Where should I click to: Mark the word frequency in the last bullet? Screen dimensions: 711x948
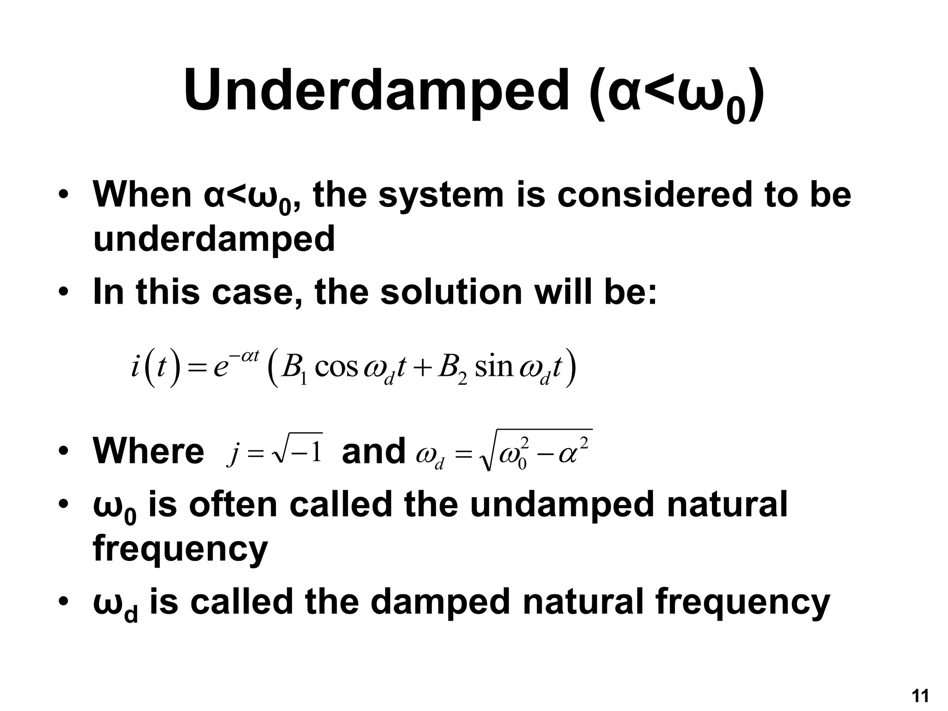pos(743,603)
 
